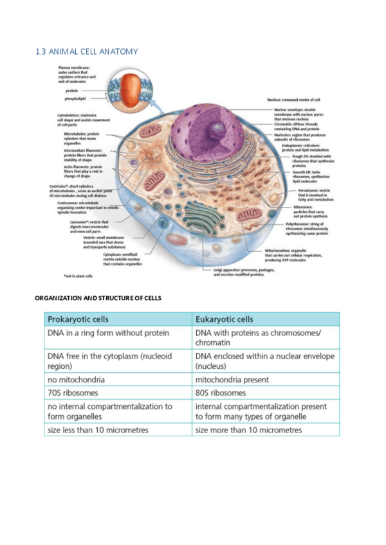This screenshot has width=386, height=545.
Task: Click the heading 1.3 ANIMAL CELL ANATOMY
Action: pyautogui.click(x=87, y=51)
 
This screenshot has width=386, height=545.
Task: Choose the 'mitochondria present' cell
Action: pyautogui.click(x=232, y=379)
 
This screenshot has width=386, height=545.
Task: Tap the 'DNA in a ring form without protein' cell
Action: pyautogui.click(x=108, y=333)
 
